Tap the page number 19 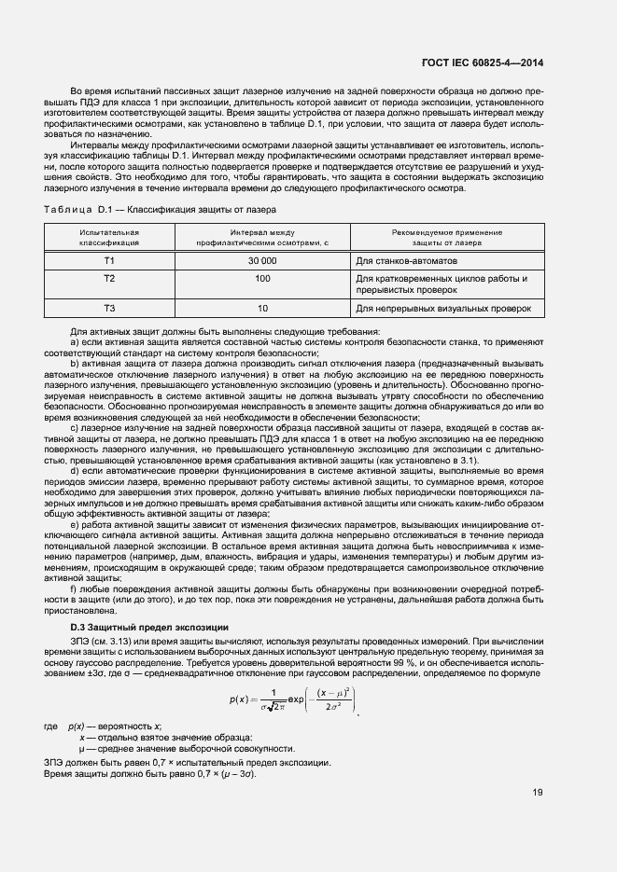tap(538, 793)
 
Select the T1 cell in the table tap(109, 261)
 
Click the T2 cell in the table tap(109, 278)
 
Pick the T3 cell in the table tap(109, 308)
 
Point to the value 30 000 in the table tap(261, 261)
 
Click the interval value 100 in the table tap(261, 278)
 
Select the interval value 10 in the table tap(261, 308)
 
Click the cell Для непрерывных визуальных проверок tap(443, 308)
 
